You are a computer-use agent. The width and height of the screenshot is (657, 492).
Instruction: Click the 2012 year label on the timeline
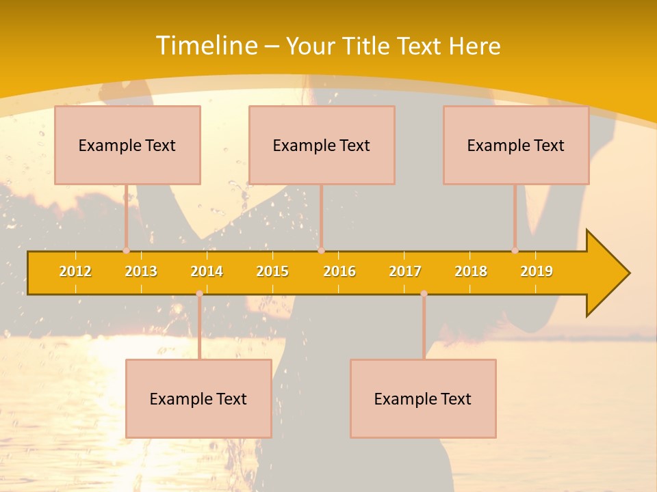click(x=75, y=271)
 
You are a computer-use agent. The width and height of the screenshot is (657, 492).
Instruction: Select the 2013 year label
click(x=141, y=271)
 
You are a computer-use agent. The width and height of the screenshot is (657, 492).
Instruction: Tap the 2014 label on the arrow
click(x=207, y=271)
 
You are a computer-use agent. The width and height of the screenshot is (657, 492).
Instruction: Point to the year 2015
click(x=272, y=271)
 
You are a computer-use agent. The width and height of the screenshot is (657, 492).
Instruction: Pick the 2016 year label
click(x=339, y=271)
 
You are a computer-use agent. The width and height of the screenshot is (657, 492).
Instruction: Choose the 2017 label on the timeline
click(x=405, y=271)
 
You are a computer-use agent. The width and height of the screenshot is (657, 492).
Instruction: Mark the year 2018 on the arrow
click(x=471, y=271)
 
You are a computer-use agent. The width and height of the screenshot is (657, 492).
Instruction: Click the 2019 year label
click(x=537, y=271)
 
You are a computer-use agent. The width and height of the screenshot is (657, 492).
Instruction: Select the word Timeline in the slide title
click(x=206, y=46)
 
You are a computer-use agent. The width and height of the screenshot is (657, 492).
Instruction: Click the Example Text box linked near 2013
click(x=127, y=145)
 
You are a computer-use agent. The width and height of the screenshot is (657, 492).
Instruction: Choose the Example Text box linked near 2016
click(x=322, y=145)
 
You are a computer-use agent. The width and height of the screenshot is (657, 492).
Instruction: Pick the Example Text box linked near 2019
click(x=516, y=145)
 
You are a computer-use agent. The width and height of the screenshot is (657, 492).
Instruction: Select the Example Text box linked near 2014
click(x=198, y=398)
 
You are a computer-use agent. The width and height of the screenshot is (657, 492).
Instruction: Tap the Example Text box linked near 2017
click(x=423, y=398)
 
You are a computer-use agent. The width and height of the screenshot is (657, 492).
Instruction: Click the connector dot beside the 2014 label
click(x=199, y=294)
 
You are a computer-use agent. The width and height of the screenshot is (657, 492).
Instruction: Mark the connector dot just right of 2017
click(x=424, y=294)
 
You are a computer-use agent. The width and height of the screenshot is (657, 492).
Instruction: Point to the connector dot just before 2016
click(x=321, y=251)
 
